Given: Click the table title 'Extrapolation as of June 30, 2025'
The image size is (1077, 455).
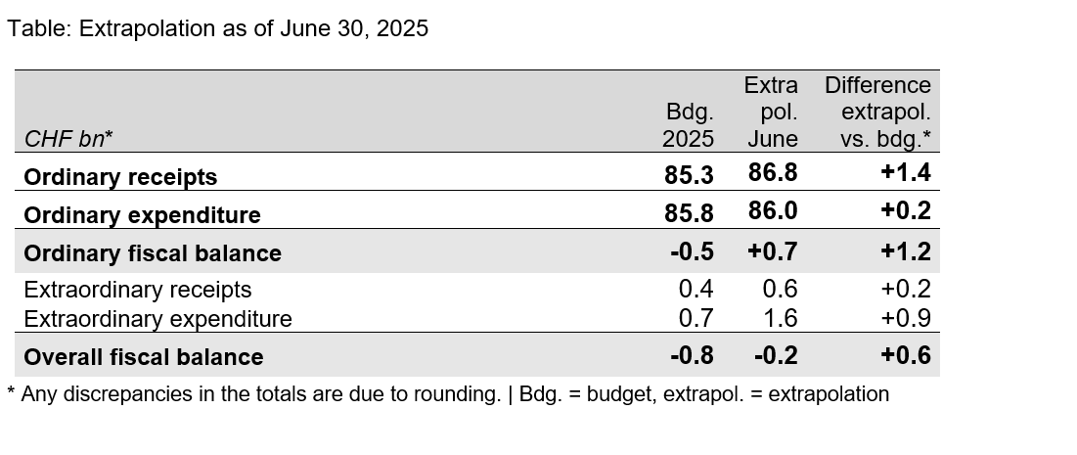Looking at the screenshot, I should coord(253,28).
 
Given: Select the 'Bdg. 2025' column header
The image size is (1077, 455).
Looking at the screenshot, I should coord(690,125).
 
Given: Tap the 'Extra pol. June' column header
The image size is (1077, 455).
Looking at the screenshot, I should coord(772,113).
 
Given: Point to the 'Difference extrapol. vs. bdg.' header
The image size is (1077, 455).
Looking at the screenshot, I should coord(877,113).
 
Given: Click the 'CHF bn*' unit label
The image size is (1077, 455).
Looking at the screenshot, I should coord(68,139).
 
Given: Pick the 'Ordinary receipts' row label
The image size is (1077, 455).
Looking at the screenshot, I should coord(120,177).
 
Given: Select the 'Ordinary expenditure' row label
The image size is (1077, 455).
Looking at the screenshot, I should coord(142,215).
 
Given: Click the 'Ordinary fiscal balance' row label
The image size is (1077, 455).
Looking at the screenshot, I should coord(153,253).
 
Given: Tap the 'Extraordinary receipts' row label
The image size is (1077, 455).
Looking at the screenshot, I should coord(138,290).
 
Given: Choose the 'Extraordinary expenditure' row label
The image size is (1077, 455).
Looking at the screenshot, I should coord(157,319).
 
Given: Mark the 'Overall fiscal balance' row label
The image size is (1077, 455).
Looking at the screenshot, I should coord(144,357).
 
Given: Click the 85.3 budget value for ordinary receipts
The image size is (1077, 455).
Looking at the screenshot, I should coord(690,174).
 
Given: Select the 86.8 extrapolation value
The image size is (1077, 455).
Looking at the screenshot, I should coord(773,174).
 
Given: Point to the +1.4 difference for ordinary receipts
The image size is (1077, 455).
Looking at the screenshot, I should coord(905,174).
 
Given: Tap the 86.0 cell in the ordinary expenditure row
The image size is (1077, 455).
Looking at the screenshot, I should coord(773,212).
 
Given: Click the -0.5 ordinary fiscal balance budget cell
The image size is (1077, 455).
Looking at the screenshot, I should coord(692,250).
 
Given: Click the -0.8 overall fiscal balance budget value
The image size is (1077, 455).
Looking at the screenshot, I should coord(692,355).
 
